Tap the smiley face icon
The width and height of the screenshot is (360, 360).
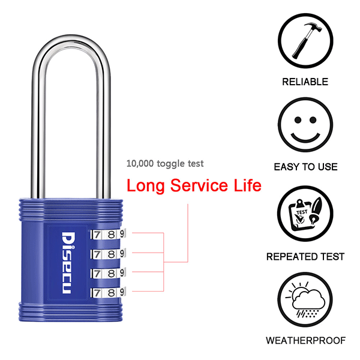click(x=305, y=125)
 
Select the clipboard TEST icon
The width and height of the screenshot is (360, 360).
click(x=305, y=214)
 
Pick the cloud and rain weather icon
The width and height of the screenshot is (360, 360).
click(x=305, y=299)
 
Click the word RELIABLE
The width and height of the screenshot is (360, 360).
click(x=305, y=82)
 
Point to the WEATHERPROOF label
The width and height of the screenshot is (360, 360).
click(x=305, y=340)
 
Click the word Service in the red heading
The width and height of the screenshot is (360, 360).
click(x=199, y=185)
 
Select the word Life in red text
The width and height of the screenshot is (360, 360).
click(x=247, y=185)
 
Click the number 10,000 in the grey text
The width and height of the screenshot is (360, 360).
click(x=140, y=163)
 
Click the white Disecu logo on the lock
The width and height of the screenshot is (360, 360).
click(x=68, y=263)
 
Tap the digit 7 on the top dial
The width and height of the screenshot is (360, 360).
click(x=97, y=235)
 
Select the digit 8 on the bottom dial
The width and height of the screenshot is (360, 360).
click(x=112, y=293)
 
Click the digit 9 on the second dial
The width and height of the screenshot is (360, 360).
click(x=122, y=253)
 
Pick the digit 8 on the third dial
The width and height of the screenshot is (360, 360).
click(x=112, y=274)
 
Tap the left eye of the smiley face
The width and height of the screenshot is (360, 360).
click(x=298, y=120)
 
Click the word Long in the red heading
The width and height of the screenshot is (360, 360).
click(x=145, y=186)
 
